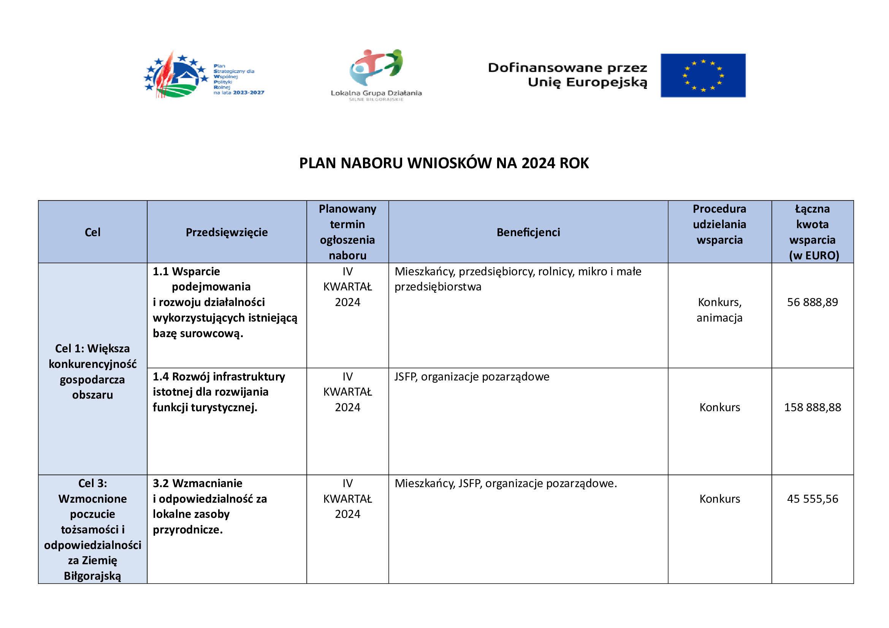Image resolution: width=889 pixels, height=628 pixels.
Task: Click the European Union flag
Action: click(x=703, y=76)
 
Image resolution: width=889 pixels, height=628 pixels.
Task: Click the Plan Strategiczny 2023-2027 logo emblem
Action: click(x=176, y=75)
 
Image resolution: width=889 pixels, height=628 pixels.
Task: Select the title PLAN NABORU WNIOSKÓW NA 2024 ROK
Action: click(x=444, y=163)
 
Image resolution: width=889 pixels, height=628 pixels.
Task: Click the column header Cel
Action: click(x=92, y=232)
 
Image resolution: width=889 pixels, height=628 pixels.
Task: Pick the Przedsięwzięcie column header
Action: click(x=227, y=232)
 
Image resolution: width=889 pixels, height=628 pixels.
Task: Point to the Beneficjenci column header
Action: click(x=528, y=232)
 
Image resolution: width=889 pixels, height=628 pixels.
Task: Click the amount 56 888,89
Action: click(x=812, y=302)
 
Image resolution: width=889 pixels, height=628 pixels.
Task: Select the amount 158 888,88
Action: click(x=812, y=407)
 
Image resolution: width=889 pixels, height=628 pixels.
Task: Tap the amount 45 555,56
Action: click(x=812, y=499)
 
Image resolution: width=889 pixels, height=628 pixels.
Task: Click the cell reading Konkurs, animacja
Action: click(x=719, y=310)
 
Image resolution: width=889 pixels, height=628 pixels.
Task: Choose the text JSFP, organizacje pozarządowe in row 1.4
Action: click(x=472, y=377)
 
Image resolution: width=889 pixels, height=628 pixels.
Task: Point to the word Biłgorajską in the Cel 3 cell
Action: click(x=92, y=576)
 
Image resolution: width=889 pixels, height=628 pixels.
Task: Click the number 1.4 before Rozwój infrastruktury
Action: click(x=161, y=377)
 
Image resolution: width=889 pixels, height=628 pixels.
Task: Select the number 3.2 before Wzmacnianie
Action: click(x=161, y=483)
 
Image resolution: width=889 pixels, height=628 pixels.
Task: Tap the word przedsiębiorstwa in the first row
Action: click(x=437, y=287)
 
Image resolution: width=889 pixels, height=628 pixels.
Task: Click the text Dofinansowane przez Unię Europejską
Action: click(x=567, y=75)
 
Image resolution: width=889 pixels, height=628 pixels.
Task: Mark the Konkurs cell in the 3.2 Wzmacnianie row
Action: click(x=719, y=499)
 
